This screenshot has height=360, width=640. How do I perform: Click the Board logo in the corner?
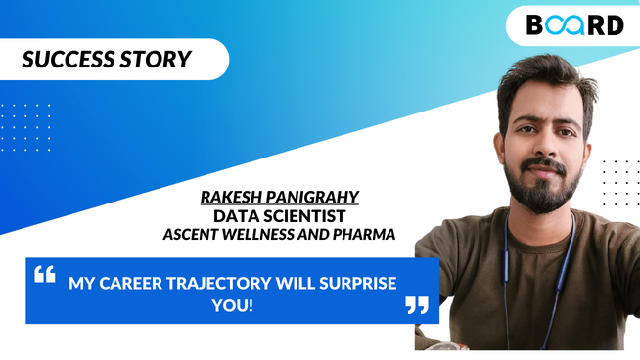click(575, 25)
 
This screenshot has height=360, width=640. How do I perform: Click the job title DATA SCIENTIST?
click(280, 215)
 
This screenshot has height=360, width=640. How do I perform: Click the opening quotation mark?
click(45, 274)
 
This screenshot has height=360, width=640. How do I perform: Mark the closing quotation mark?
click(417, 305)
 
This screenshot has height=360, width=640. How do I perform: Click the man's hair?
click(543, 73)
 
